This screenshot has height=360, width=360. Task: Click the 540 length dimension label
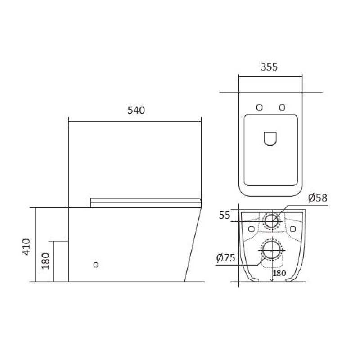pyautogui.click(x=136, y=110)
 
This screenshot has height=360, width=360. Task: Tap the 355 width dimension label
pyautogui.click(x=269, y=67)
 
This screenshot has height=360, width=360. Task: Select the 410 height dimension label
pyautogui.click(x=27, y=247)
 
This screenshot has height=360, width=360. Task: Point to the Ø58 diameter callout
pyautogui.click(x=318, y=198)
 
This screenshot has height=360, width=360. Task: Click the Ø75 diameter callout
pyautogui.click(x=226, y=258)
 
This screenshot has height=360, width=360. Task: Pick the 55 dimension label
pyautogui.click(x=224, y=215)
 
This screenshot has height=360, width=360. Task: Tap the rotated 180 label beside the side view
pyautogui.click(x=46, y=261)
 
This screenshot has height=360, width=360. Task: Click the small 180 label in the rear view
pyautogui.click(x=279, y=273)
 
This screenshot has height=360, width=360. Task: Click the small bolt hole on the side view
pyautogui.click(x=96, y=265)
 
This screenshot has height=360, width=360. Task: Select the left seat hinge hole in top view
pyautogui.click(x=259, y=108)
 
